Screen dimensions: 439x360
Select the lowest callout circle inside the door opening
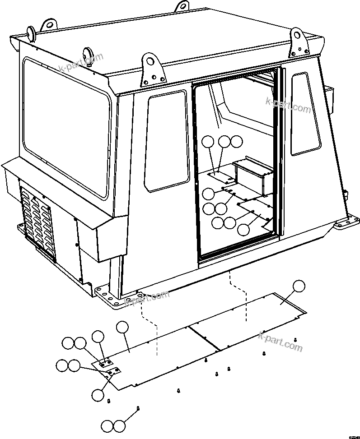coord(243,229)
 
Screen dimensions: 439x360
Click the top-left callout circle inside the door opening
coord(207,142)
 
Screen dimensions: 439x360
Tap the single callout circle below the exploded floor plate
coord(98,395)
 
